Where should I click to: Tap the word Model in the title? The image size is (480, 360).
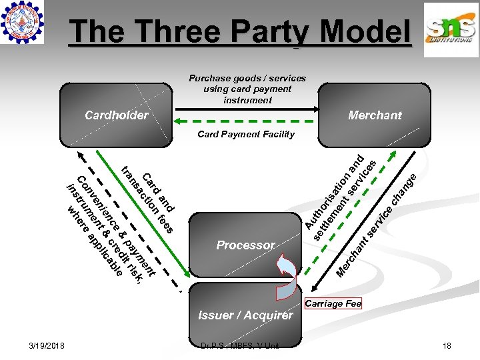[364, 31]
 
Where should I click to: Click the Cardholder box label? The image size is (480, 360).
[117, 115]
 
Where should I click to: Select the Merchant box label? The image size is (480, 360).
[375, 115]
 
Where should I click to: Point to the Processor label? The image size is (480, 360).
[245, 245]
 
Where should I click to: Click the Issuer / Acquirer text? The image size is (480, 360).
[245, 315]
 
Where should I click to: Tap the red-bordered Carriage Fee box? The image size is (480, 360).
[333, 304]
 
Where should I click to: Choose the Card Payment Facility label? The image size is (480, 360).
[246, 134]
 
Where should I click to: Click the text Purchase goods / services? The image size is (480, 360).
[247, 78]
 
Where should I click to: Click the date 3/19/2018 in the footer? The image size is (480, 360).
[47, 345]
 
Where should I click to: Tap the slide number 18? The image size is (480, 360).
[447, 345]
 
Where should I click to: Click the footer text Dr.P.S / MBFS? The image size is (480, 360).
[240, 345]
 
